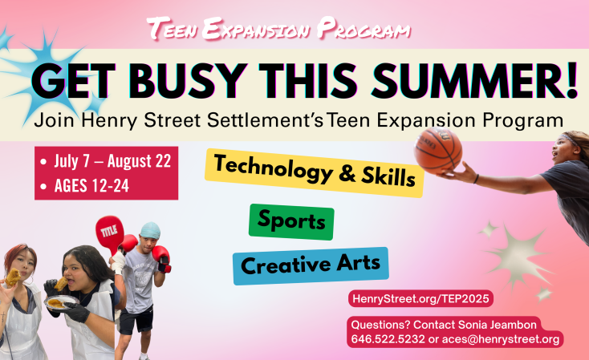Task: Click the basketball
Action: click(438, 151)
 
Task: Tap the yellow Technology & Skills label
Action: click(315, 173)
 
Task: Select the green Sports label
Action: click(291, 222)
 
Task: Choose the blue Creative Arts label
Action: click(311, 265)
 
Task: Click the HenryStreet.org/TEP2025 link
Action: click(420, 299)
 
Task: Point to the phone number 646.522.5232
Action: click(388, 339)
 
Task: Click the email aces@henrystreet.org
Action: click(501, 339)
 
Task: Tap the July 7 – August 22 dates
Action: click(112, 161)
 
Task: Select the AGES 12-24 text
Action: click(91, 185)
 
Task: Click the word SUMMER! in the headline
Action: click(474, 80)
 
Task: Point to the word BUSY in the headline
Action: click(185, 81)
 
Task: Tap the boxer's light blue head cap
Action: click(150, 230)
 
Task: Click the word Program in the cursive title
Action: click(363, 29)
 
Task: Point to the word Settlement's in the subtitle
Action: click(265, 120)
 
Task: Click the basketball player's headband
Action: click(571, 139)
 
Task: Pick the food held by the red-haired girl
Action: click(12, 277)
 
